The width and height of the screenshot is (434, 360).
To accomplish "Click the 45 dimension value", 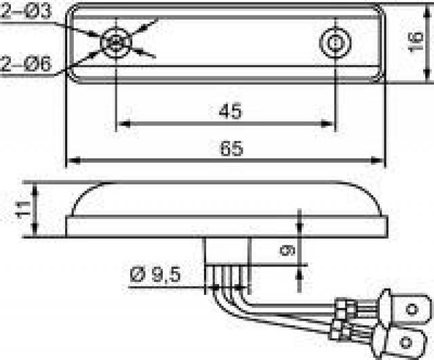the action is [230, 111].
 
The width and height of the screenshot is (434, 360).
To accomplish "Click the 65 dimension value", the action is [232, 148].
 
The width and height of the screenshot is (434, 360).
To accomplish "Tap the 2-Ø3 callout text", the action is [26, 11].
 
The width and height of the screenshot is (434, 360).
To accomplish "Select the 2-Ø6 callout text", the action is [26, 64].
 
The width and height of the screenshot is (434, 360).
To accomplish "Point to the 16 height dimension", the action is [416, 41].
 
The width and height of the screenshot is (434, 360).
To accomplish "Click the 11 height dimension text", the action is [24, 209].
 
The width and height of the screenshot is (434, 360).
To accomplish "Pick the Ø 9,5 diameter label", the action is [155, 275].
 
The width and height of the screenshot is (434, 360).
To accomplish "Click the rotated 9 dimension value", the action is [288, 251].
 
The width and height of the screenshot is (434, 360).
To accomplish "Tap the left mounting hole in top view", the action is [116, 42].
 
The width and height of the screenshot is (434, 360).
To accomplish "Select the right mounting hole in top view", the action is [335, 43].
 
